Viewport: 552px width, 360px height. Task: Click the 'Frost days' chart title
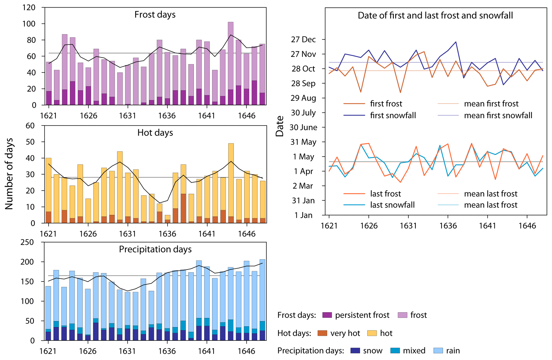click(x=155, y=14)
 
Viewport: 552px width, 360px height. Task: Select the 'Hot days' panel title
click(x=155, y=133)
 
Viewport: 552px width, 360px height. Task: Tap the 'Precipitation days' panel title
click(x=155, y=249)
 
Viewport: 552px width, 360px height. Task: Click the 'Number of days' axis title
click(x=9, y=174)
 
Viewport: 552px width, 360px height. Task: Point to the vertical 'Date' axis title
click(x=280, y=126)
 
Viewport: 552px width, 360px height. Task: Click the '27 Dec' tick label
click(x=303, y=40)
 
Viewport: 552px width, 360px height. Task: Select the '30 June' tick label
click(x=303, y=127)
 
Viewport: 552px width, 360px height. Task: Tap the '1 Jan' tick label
click(x=303, y=215)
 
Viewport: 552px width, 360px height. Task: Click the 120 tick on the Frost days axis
click(x=29, y=7)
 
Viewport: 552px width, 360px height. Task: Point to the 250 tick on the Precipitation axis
click(x=27, y=242)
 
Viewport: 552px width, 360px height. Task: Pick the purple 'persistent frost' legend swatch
click(x=327, y=315)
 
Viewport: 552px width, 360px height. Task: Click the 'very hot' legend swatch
click(x=322, y=333)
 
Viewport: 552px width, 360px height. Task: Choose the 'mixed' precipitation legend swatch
click(x=395, y=351)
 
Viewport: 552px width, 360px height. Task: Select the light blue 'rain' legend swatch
click(x=438, y=351)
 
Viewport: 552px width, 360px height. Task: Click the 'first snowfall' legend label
click(x=393, y=115)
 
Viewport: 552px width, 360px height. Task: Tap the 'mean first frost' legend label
click(x=491, y=104)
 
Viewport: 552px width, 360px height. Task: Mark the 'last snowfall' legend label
click(x=392, y=205)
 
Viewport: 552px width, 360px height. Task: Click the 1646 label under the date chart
click(x=527, y=226)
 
